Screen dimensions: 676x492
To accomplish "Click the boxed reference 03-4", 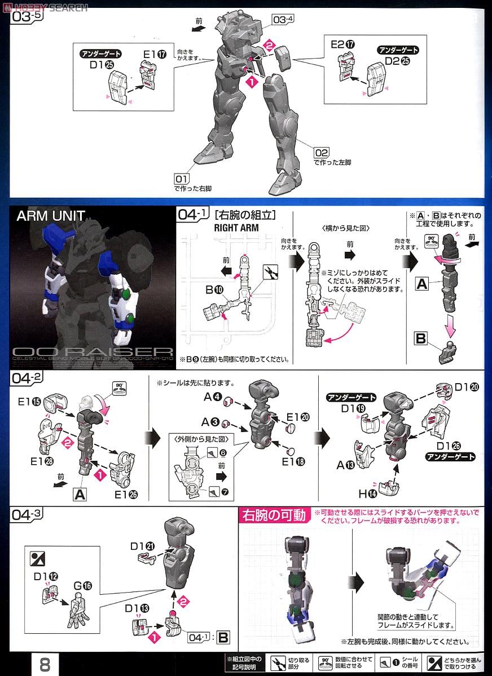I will click(x=283, y=20).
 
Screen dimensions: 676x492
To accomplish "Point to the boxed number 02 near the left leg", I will click(x=322, y=152).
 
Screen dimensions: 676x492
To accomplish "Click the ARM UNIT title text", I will click(x=51, y=216).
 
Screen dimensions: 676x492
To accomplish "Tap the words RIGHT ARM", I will click(x=237, y=228).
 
